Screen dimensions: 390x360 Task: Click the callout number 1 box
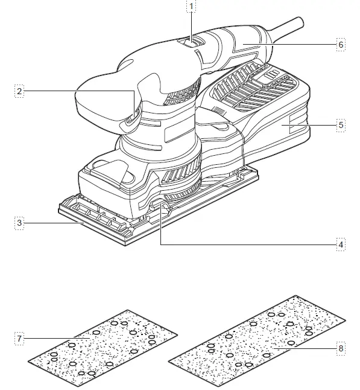tap(192, 7)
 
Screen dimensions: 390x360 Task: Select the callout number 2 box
tap(20, 91)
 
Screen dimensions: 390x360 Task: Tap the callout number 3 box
tap(20, 223)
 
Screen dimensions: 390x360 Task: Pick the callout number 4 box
tap(341, 245)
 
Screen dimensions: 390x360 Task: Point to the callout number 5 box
tap(341, 125)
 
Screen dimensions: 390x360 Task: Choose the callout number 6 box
tap(341, 45)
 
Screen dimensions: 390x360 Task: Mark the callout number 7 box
tap(20, 338)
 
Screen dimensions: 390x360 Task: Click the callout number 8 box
tap(341, 348)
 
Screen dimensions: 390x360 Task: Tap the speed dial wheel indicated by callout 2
tap(134, 112)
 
